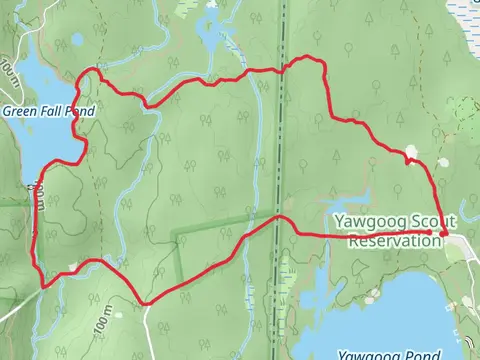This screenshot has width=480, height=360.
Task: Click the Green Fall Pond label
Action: (48, 111)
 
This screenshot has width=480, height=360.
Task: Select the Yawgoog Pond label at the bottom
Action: (389, 354)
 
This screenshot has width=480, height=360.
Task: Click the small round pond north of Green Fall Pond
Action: (78, 40)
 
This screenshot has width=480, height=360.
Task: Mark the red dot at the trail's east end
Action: (443, 234)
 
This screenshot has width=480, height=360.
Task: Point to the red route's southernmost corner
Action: (146, 302)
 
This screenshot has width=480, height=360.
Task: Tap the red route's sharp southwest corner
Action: (42, 286)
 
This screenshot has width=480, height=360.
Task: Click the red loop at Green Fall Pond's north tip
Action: (95, 70)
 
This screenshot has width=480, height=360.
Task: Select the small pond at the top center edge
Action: (212, 5)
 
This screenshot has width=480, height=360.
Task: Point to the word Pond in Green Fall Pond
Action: (79, 111)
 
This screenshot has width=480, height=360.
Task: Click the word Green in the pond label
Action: (20, 111)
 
